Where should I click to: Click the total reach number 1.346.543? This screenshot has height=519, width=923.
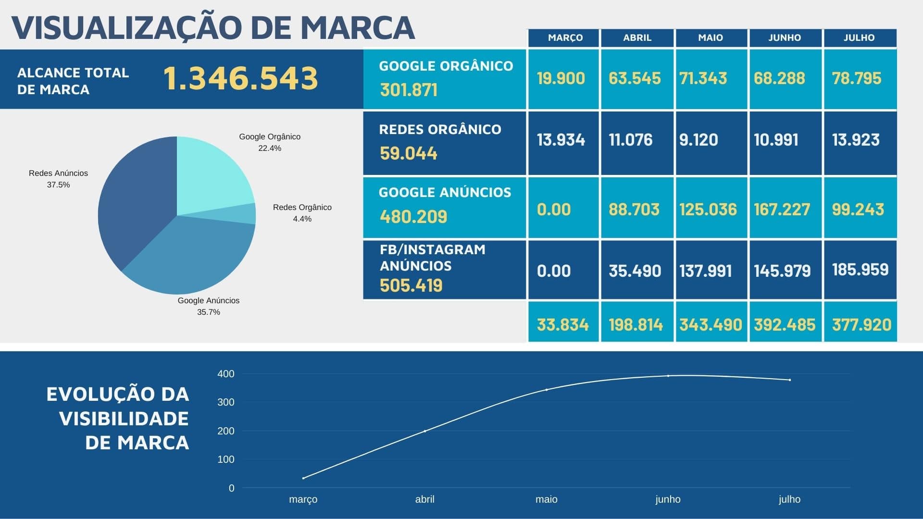coord(240,78)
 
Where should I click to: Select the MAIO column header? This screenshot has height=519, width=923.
coord(711,38)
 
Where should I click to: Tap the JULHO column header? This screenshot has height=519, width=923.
coord(859,38)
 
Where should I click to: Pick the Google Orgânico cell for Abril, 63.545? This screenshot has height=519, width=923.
coord(635,78)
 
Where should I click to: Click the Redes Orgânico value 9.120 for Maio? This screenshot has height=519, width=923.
coord(698,140)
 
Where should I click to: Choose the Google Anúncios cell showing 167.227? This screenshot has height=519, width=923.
coord(782,210)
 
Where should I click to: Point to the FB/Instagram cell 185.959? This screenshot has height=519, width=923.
coord(860,270)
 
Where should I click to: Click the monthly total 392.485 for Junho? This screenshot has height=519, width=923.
coord(785,325)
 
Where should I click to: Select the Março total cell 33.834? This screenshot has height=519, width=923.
coord(562,325)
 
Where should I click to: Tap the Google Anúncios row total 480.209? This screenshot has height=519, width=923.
coord(413,217)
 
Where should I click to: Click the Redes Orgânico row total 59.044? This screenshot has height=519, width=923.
coord(409,153)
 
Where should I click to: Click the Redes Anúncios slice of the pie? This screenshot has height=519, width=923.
coord(135,202)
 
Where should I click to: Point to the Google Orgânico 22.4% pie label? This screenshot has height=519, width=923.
coord(270,142)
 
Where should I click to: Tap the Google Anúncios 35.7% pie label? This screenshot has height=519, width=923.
coord(209,306)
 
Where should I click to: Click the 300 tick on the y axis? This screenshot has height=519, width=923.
coord(226,402)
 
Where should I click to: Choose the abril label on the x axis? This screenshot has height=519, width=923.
coord(424,499)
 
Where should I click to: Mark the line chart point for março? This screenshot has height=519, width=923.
coord(303,478)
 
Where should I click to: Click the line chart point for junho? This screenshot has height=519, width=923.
coord(668,376)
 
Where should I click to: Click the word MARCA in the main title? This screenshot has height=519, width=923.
coord(358,28)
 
